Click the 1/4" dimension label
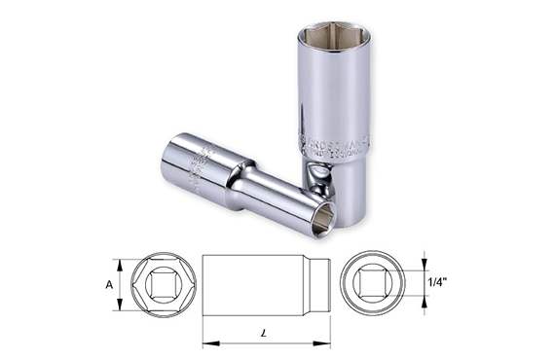pyautogui.click(x=438, y=283)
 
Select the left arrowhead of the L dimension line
pyautogui.click(x=206, y=343)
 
